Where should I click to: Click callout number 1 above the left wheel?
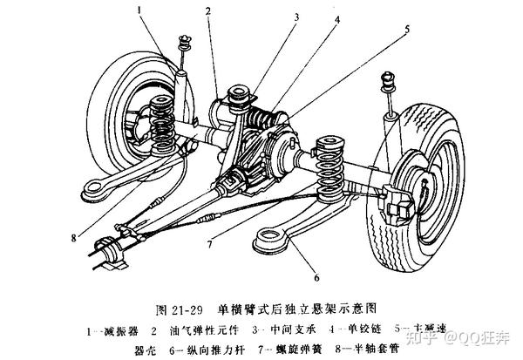[139, 10]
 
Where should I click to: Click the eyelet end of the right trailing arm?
[268, 236]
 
